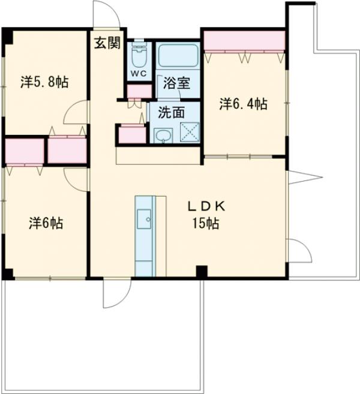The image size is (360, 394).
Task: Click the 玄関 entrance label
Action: click(107, 43)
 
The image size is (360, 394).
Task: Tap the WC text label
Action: click(139, 73)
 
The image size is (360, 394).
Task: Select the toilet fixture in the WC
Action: click(139, 53)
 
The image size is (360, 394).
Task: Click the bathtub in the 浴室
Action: click(178, 56)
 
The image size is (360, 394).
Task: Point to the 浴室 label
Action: click(176, 83)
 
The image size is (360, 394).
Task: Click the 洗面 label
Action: click(171, 112)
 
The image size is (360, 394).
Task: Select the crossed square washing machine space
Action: click(190, 132)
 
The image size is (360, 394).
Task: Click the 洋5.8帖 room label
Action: click(44, 82)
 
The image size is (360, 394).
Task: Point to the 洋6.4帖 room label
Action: click(244, 104)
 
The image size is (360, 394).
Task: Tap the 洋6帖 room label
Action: click(46, 223)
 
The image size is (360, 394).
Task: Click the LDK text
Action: click(206, 206)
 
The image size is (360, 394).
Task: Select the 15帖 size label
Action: click(206, 223)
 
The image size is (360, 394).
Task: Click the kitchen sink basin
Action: click(144, 219)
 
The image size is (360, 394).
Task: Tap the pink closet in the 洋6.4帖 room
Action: click(244, 40)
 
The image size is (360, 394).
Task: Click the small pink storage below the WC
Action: click(140, 91)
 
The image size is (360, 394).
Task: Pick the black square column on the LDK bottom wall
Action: click(202, 272)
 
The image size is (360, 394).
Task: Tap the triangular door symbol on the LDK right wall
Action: click(305, 178)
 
